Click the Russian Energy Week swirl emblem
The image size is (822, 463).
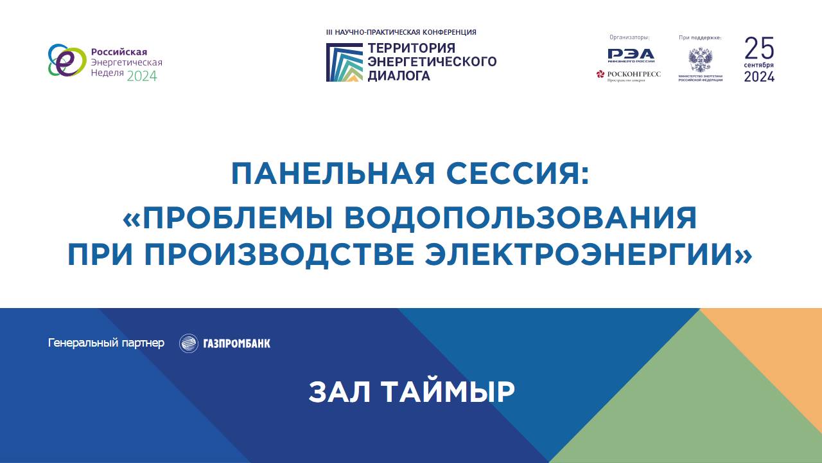point(66,61)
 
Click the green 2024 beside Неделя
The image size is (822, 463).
point(141,76)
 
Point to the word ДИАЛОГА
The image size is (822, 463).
point(398,76)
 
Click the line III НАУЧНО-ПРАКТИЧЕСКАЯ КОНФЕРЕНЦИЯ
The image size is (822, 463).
point(401,32)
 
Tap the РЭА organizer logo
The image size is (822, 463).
point(631,55)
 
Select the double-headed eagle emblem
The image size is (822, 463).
point(700,60)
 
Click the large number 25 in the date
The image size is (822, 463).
point(759,48)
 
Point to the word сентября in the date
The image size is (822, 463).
point(759,66)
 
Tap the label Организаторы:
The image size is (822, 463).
point(629,37)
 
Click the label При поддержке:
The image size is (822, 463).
point(700,37)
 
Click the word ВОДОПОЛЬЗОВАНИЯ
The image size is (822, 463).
point(537,219)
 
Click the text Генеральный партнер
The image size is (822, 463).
point(106,343)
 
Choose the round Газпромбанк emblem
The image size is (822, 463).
point(188,343)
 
